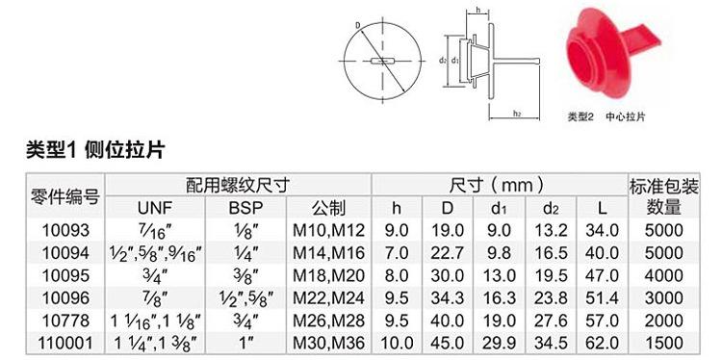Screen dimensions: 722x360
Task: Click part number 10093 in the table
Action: tap(65, 230)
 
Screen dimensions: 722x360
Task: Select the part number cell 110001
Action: tap(65, 343)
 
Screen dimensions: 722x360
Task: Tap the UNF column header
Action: tap(154, 208)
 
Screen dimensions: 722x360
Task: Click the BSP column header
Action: tap(245, 208)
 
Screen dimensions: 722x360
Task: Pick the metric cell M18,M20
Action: tap(329, 275)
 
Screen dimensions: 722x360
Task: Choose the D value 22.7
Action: tap(447, 253)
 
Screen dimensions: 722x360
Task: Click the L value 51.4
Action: tap(602, 297)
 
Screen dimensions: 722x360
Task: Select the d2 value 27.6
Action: tap(550, 321)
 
